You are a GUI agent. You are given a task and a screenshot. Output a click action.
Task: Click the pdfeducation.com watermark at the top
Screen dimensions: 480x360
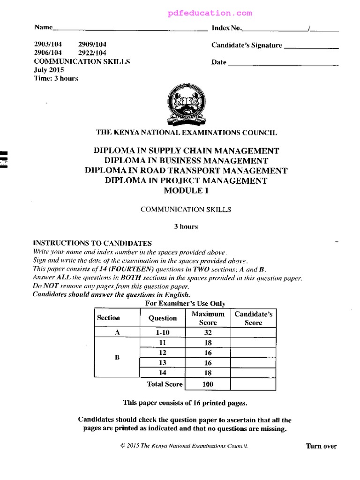click(210, 13)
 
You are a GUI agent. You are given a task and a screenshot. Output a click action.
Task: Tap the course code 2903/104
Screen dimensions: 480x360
click(48, 45)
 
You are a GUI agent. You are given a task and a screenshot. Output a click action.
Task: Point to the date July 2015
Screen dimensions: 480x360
click(48, 70)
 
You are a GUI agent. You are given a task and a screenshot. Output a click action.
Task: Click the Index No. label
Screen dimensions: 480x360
click(227, 28)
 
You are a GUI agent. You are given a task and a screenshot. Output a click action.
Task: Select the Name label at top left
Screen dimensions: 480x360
click(43, 28)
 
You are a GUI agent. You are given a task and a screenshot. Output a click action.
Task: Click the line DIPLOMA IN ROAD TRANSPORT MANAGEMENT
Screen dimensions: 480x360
click(186, 170)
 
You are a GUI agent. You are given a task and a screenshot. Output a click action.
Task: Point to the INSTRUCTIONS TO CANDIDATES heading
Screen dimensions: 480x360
click(92, 243)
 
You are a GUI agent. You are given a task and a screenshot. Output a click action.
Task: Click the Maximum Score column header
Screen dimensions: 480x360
click(208, 318)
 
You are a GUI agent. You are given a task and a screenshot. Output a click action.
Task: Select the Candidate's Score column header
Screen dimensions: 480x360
click(253, 318)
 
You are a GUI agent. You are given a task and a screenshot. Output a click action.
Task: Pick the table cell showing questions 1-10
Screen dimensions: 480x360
click(162, 332)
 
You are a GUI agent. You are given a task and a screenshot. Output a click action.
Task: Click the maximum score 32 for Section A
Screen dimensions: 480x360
click(208, 332)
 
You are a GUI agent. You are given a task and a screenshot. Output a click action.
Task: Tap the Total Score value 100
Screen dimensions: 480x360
click(208, 384)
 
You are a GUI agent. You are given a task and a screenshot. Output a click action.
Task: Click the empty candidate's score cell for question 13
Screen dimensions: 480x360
click(253, 363)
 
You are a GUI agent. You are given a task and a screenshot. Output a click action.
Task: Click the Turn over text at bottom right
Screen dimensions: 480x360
click(321, 446)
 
